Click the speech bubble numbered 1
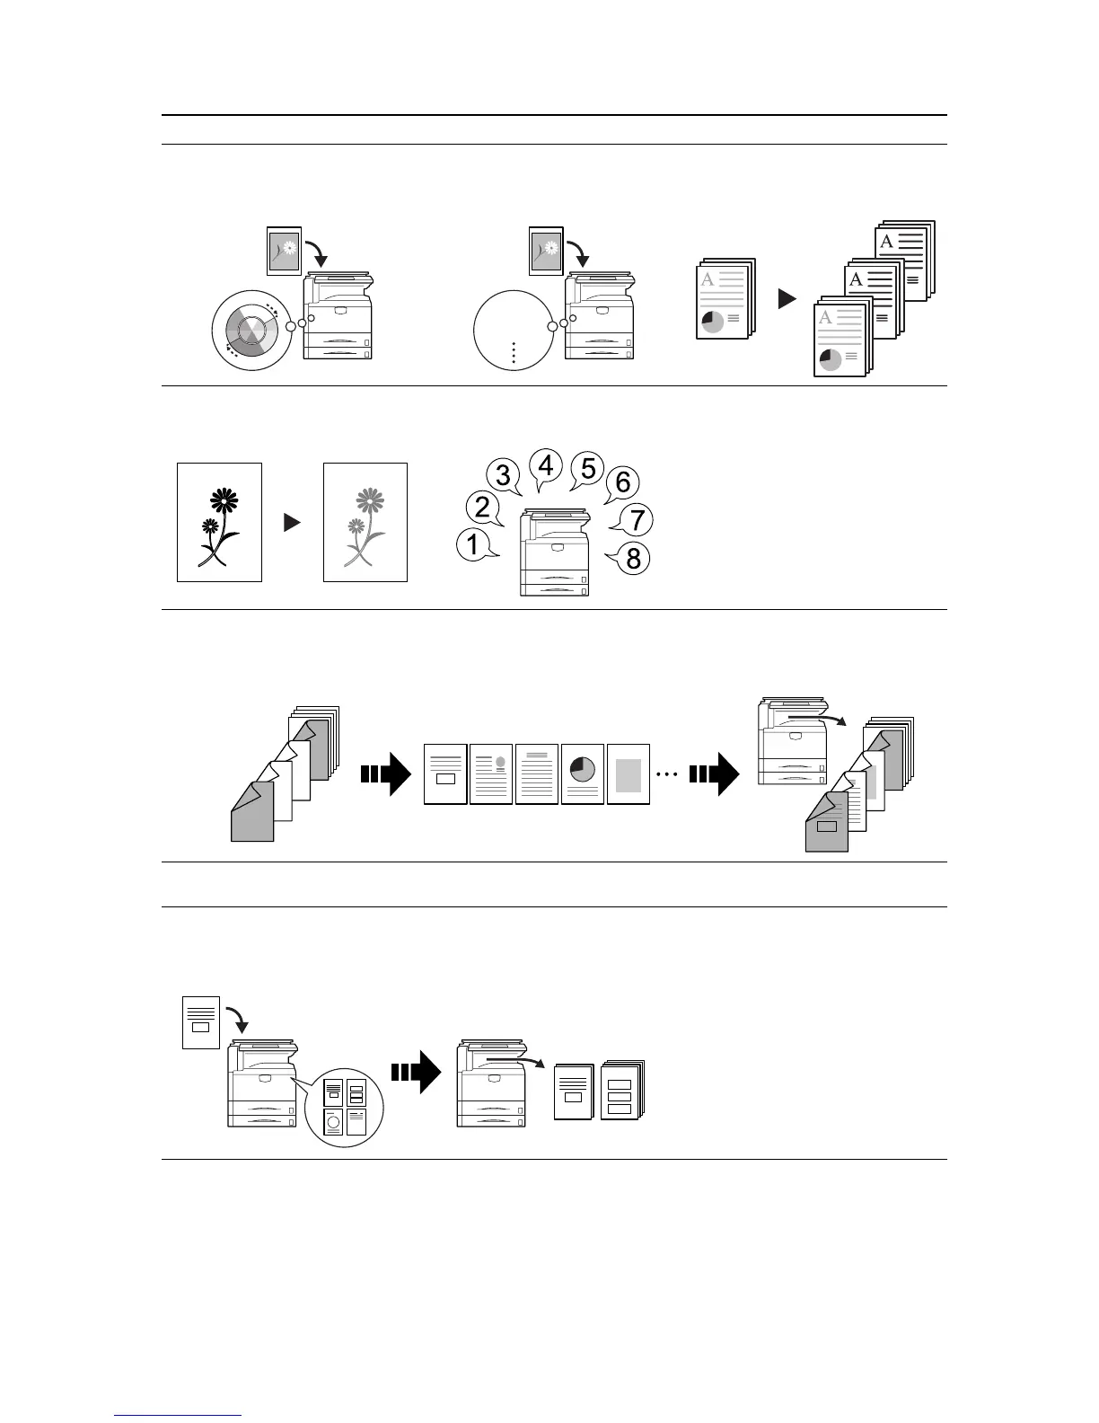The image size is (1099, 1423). tap(473, 544)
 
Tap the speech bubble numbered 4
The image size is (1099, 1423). tap(546, 466)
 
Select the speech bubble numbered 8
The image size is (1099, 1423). tap(633, 559)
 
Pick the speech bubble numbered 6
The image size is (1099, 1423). tap(623, 483)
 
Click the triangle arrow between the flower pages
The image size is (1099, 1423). tap(292, 522)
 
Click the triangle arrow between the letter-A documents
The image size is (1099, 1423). tap(787, 299)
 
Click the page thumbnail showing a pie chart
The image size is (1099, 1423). tap(582, 773)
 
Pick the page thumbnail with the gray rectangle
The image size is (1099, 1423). tap(629, 773)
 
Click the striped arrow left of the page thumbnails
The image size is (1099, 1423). tap(384, 773)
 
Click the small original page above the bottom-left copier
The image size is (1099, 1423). tap(201, 1022)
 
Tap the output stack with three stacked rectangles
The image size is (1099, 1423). tap(621, 1090)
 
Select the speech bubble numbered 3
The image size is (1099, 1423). tap(504, 476)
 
